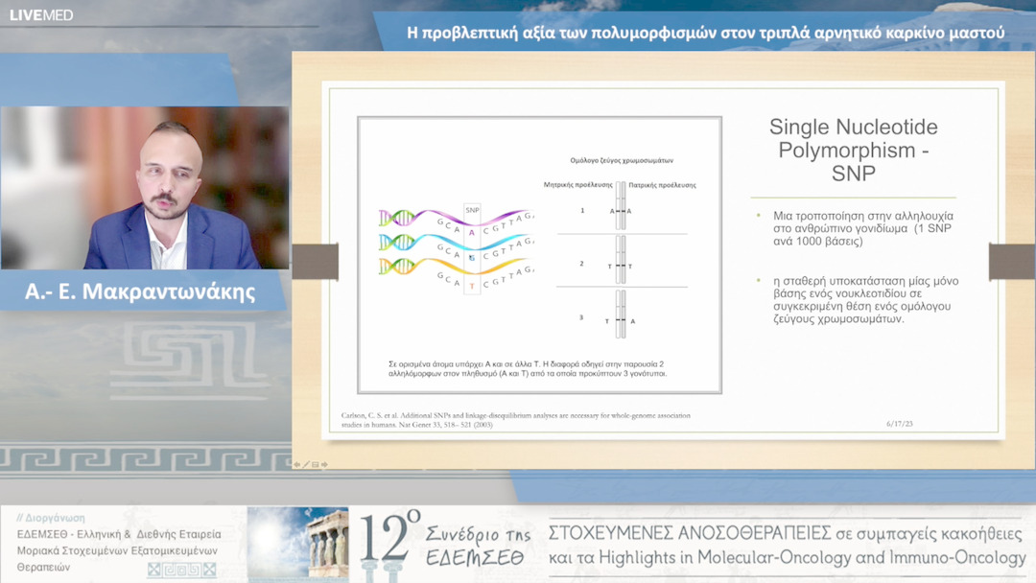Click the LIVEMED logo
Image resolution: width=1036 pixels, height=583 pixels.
point(41,14)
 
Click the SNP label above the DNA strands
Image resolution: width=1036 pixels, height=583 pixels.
point(472,209)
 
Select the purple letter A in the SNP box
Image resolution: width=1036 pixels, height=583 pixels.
point(472,232)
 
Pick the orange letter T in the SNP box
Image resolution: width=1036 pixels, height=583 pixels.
point(472,286)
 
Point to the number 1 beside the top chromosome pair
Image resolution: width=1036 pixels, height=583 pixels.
point(581,210)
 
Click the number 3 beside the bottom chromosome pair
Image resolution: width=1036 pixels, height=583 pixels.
point(581,316)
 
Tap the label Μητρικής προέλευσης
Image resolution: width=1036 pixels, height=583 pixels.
point(577,184)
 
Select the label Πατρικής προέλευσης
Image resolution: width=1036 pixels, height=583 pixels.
point(662,184)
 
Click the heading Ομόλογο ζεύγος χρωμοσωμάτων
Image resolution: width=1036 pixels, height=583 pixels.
point(622,160)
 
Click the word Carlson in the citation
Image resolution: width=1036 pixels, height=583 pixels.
point(356,415)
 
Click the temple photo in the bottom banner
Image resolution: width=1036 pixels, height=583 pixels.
point(297,544)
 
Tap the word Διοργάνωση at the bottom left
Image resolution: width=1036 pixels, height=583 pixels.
point(57,518)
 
